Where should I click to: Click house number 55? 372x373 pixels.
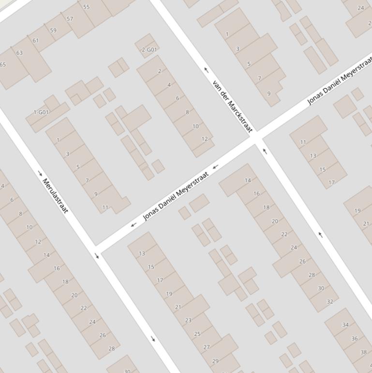[86, 7]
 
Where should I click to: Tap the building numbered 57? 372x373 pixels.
[70, 19]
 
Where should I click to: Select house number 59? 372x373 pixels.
[53, 30]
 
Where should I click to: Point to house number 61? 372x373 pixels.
[35, 41]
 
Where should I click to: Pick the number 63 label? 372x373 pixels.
[19, 53]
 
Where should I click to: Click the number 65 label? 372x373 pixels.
[3, 64]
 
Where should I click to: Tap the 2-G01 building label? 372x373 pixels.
[149, 49]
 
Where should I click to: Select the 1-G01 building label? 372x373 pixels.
[41, 112]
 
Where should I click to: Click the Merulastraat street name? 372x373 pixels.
[56, 196]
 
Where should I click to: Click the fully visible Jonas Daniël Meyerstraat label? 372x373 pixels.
[176, 196]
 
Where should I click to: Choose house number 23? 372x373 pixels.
[188, 320]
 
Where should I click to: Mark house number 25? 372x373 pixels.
[197, 334]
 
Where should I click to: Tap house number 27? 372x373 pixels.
[207, 347]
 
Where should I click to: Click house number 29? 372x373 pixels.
[215, 361]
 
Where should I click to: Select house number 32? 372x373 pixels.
[330, 301]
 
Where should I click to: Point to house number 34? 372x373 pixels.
[345, 325]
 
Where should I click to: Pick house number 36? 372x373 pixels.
[355, 339]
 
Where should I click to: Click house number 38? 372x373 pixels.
[363, 352]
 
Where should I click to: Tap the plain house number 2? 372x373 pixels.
[160, 71]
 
